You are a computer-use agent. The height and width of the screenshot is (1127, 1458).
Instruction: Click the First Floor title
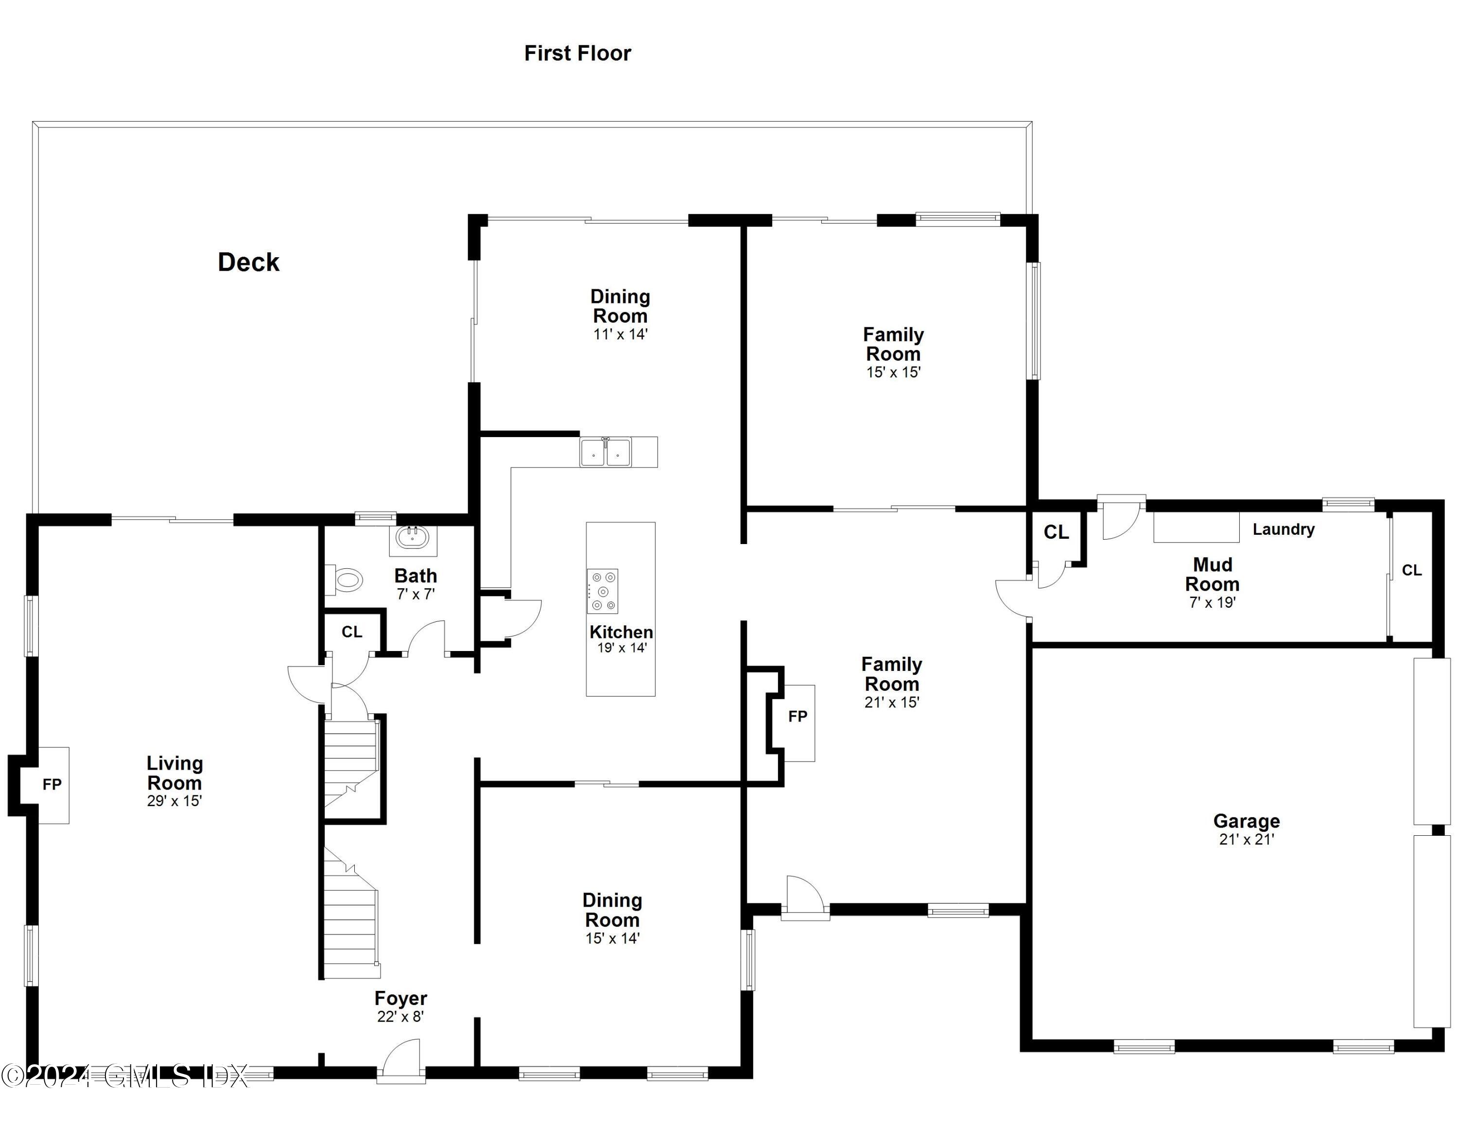coord(577,53)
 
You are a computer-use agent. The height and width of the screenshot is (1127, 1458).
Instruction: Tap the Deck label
coord(248,263)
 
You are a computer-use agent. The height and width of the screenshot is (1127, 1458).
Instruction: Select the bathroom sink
coord(413,537)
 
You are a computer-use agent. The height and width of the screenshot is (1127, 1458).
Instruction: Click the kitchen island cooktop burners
coord(602,591)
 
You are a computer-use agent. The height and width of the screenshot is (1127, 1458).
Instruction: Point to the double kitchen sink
coord(605,453)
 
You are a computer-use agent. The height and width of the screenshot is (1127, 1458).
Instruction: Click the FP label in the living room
coord(52,785)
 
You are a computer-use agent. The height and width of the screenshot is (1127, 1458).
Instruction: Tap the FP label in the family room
coord(798,716)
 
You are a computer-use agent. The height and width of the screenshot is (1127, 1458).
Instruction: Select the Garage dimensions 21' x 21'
coord(1247,840)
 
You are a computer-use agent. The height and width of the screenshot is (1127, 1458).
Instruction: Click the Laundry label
coord(1283,529)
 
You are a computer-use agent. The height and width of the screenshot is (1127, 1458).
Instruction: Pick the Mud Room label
coord(1213,574)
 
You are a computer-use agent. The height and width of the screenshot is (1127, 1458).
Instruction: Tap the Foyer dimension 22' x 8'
coord(400,1017)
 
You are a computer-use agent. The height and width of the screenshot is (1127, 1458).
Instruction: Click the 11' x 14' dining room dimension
coord(620,335)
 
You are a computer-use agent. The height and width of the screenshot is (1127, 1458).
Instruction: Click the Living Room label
coord(175,773)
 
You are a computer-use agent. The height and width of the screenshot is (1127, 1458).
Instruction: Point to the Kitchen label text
coord(621,632)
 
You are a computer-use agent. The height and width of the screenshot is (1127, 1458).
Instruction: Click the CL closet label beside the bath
coord(352,632)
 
